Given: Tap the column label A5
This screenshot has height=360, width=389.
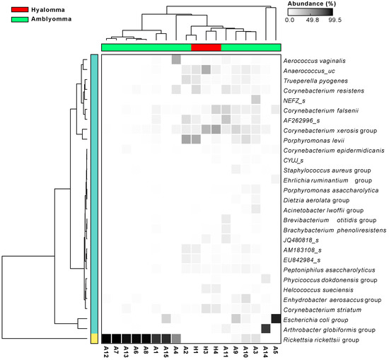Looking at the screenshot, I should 275,351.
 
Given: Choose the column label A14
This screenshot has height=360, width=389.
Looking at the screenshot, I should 265,351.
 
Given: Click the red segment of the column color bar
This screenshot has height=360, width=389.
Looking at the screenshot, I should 206,47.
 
